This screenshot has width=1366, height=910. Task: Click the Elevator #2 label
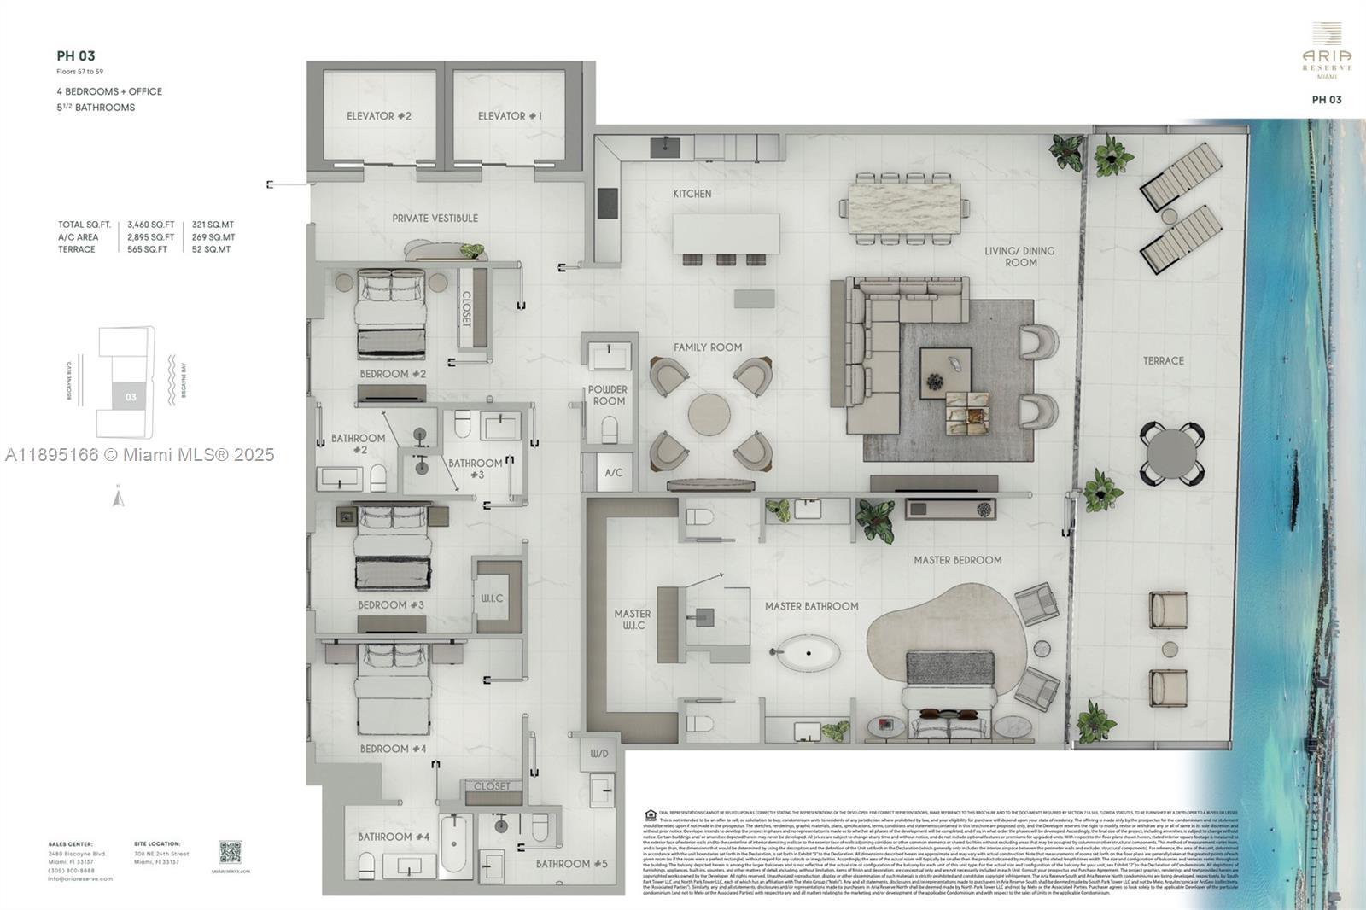pos(378,115)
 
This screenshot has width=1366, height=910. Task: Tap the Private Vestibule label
pos(435,218)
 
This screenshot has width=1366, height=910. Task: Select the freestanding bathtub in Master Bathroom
pos(808,655)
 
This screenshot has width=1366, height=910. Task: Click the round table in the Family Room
pos(709,414)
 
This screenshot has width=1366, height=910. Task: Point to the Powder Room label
pos(608,394)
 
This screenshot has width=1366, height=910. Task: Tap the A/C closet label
pos(613,472)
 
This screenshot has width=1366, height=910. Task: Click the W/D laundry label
pos(599,754)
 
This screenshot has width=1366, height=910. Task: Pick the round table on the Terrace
pos(1171,455)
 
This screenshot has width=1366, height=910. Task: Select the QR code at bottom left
pos(230,852)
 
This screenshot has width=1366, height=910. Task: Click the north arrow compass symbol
pos(119,496)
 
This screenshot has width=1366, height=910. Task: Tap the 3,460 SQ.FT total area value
pos(150,225)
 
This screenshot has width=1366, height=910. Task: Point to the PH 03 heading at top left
pos(76,56)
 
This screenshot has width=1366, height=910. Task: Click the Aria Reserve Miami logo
pos(1326,51)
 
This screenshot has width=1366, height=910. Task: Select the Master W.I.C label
pos(632,619)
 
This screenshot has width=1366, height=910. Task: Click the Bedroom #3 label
pos(390,604)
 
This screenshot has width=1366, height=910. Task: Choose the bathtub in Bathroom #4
pos(454,843)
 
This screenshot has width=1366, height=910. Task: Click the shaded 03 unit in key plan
pos(131,396)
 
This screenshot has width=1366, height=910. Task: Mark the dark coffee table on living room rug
pos(945,372)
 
